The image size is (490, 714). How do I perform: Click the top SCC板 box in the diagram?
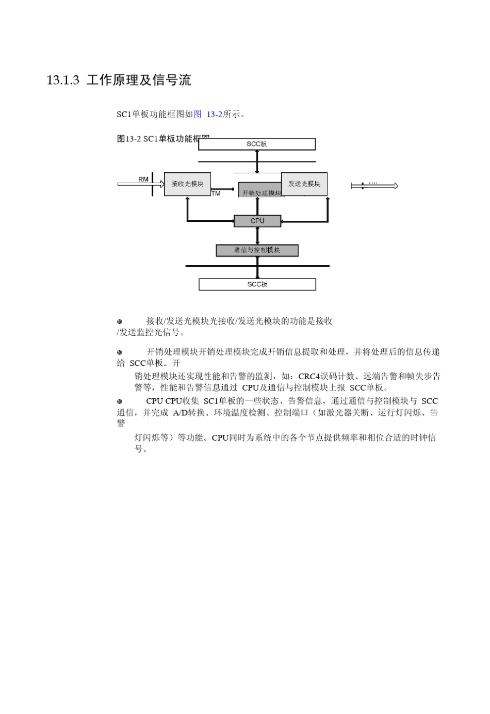pyautogui.click(x=256, y=144)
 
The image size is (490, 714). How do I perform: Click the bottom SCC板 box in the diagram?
pyautogui.click(x=257, y=284)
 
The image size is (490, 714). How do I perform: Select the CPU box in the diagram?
pyautogui.click(x=257, y=221)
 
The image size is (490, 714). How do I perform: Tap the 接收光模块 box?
pyautogui.click(x=187, y=184)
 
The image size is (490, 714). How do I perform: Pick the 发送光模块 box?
pyautogui.click(x=304, y=184)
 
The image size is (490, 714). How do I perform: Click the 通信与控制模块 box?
pyautogui.click(x=257, y=250)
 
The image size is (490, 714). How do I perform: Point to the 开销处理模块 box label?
pyautogui.click(x=261, y=193)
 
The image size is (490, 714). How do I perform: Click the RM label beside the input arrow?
pyautogui.click(x=143, y=179)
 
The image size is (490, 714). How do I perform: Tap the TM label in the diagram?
pyautogui.click(x=216, y=193)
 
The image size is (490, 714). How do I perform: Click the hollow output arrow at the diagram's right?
pyautogui.click(x=374, y=186)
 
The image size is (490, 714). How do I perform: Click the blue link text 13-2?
pyautogui.click(x=214, y=115)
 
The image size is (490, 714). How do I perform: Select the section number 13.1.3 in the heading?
pyautogui.click(x=62, y=80)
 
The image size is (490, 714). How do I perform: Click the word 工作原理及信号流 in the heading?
pyautogui.click(x=139, y=80)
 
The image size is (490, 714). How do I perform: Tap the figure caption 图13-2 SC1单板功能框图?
pyautogui.click(x=157, y=138)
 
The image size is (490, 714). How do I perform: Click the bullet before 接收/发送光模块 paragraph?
pyautogui.click(x=120, y=321)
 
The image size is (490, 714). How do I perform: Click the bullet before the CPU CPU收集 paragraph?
pyautogui.click(x=120, y=401)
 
